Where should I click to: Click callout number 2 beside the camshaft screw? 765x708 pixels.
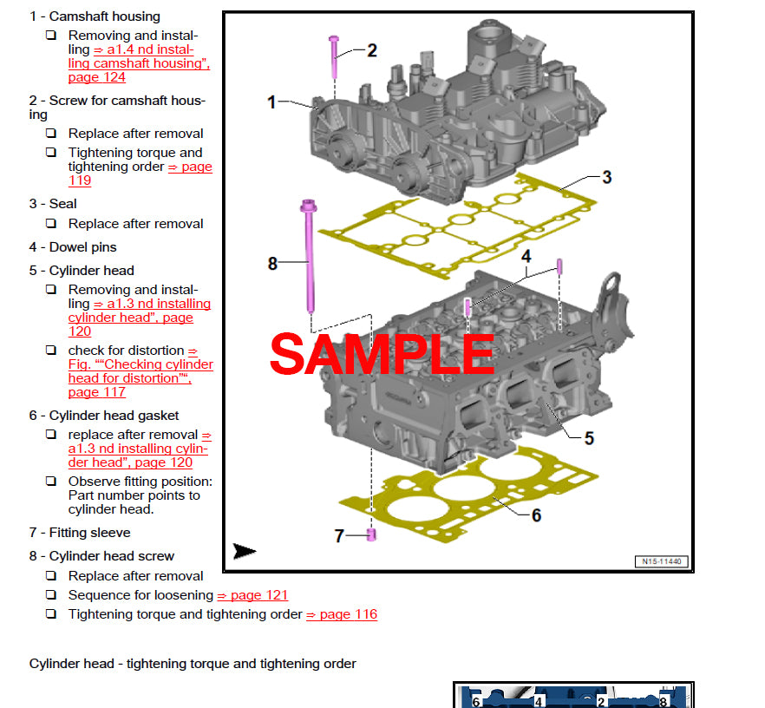(372, 50)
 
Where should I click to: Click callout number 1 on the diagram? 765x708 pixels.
(271, 102)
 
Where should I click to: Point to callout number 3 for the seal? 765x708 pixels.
(607, 177)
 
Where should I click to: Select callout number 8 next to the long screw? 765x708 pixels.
(272, 263)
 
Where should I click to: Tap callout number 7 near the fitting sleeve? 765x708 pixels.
(339, 536)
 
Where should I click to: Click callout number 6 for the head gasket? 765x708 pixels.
(536, 515)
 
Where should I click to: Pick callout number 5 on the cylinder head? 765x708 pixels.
(589, 438)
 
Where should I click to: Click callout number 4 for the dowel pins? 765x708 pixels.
(526, 256)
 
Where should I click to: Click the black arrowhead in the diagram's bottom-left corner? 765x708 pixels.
(245, 551)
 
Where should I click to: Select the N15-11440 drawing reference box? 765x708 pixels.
(663, 561)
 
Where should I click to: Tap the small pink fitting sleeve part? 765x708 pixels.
(371, 534)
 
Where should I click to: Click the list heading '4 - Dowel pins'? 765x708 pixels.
(73, 247)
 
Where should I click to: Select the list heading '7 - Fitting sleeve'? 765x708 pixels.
(80, 533)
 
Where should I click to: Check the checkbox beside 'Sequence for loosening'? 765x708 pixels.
(51, 595)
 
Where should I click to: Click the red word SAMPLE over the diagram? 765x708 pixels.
(382, 354)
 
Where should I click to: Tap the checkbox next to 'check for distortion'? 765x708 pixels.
(51, 351)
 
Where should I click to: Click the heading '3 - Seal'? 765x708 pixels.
(53, 204)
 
